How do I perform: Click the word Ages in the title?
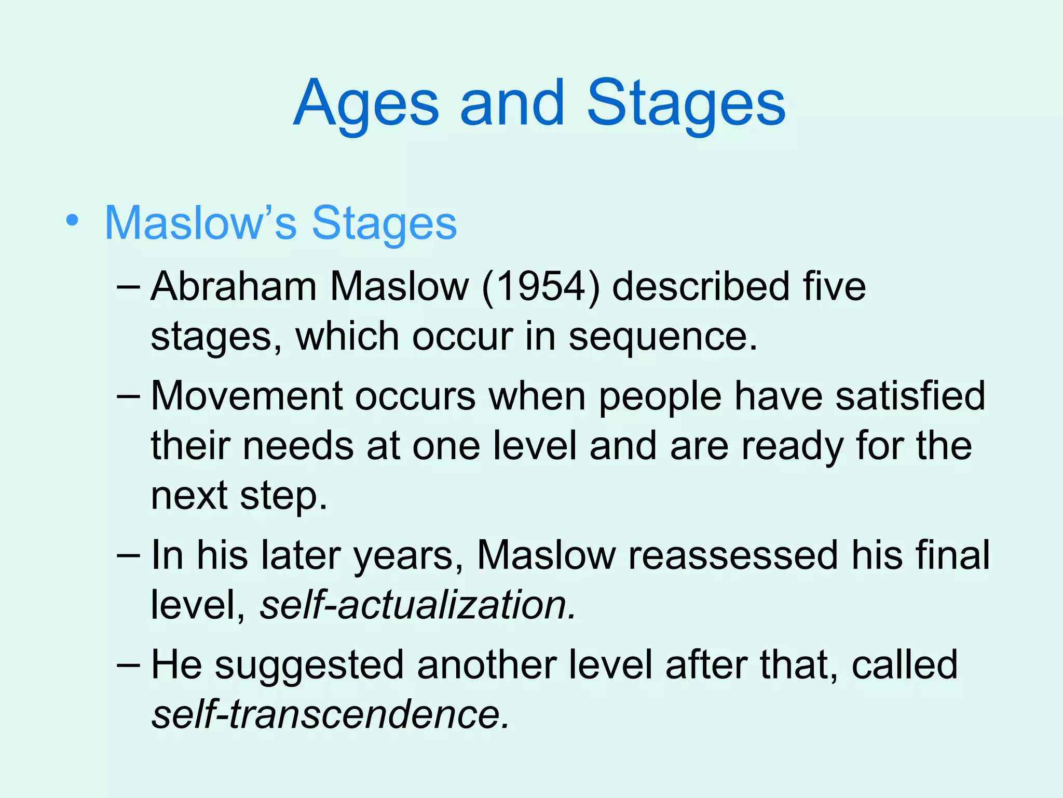(x=366, y=104)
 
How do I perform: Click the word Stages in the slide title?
(x=686, y=104)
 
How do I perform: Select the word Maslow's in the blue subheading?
(x=200, y=223)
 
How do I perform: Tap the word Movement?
(x=247, y=396)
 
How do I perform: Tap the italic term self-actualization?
(x=417, y=606)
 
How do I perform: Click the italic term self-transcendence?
(x=330, y=715)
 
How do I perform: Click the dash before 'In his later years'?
(x=128, y=555)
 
